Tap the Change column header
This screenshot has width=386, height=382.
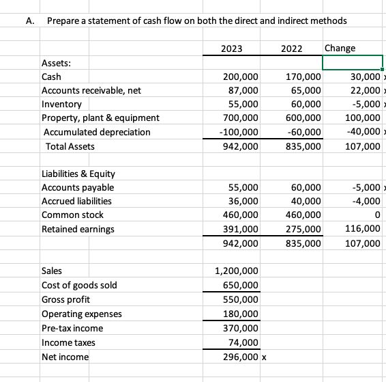(x=340, y=49)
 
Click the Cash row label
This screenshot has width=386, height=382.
(x=51, y=77)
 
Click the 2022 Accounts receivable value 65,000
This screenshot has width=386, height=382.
(x=303, y=91)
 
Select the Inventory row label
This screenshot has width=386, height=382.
(x=61, y=105)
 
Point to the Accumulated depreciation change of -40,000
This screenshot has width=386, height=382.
(x=361, y=132)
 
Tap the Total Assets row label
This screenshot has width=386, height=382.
(x=70, y=146)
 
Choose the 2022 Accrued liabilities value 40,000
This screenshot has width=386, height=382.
(x=303, y=201)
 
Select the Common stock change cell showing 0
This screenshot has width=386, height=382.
(x=376, y=215)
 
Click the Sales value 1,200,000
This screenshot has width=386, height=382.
(x=237, y=271)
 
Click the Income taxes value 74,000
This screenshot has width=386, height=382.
(x=243, y=342)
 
